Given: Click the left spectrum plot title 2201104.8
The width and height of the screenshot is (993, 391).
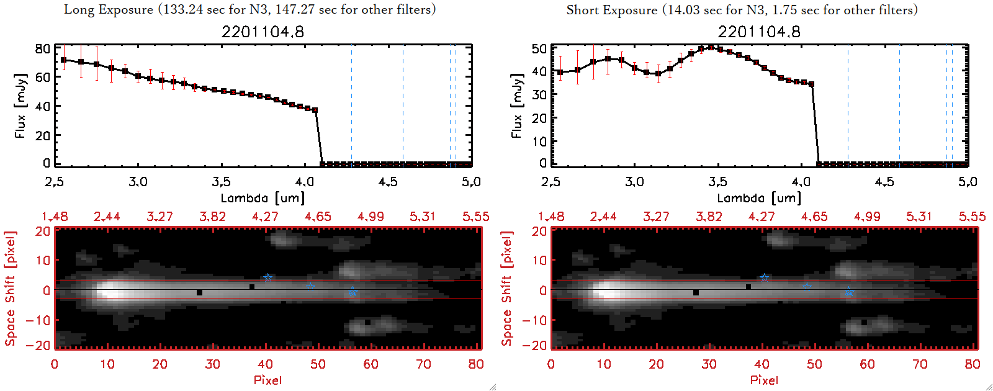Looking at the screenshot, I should [x=263, y=32].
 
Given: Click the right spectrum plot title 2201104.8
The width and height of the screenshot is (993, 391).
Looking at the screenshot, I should [x=759, y=32].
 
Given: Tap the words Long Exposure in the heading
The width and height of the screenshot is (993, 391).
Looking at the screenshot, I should [x=109, y=10].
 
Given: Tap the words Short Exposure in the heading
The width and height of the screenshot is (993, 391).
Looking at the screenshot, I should [x=611, y=11].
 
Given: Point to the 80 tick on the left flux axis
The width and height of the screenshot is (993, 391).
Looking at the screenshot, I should [x=43, y=48].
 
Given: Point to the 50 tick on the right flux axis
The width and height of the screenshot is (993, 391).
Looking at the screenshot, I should [x=539, y=48].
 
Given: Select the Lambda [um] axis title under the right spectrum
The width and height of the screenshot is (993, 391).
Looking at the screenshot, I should [x=759, y=198].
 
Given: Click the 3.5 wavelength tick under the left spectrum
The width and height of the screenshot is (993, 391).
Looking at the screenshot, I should [x=222, y=182].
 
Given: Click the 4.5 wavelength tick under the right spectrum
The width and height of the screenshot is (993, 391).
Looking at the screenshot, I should [x=884, y=182].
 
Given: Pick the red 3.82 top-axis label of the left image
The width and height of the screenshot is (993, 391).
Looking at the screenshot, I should [x=212, y=217].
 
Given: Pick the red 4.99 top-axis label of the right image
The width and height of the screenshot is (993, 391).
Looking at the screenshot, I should [x=867, y=217].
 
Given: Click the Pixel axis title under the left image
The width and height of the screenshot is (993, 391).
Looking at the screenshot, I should [x=267, y=380].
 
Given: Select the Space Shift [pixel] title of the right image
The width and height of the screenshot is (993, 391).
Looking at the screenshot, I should [x=507, y=289].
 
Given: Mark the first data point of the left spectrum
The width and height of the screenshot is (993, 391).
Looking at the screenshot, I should [x=63, y=60].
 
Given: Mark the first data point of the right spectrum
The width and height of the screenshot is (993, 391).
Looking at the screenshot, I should [x=560, y=73].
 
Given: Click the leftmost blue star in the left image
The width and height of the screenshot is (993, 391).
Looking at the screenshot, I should [x=267, y=277].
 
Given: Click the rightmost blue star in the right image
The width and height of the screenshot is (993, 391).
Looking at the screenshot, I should [x=849, y=292].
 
